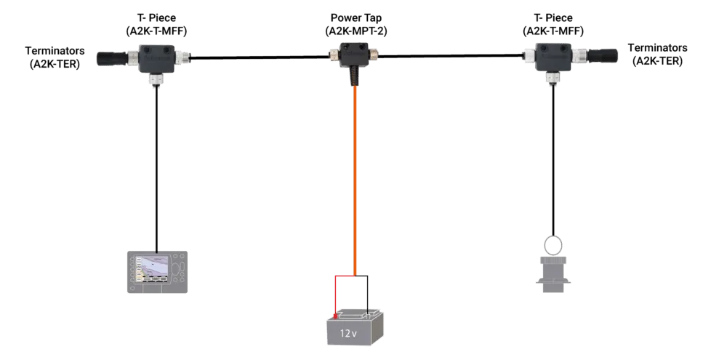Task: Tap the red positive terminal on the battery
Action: click(x=336, y=316)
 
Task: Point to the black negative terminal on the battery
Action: click(x=373, y=315)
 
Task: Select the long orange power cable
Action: click(x=355, y=182)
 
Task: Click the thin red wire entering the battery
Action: click(x=335, y=295)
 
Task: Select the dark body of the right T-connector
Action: click(x=552, y=55)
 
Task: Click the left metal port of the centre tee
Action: click(x=333, y=53)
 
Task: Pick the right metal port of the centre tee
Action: click(x=377, y=53)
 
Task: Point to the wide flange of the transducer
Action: click(x=553, y=281)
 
